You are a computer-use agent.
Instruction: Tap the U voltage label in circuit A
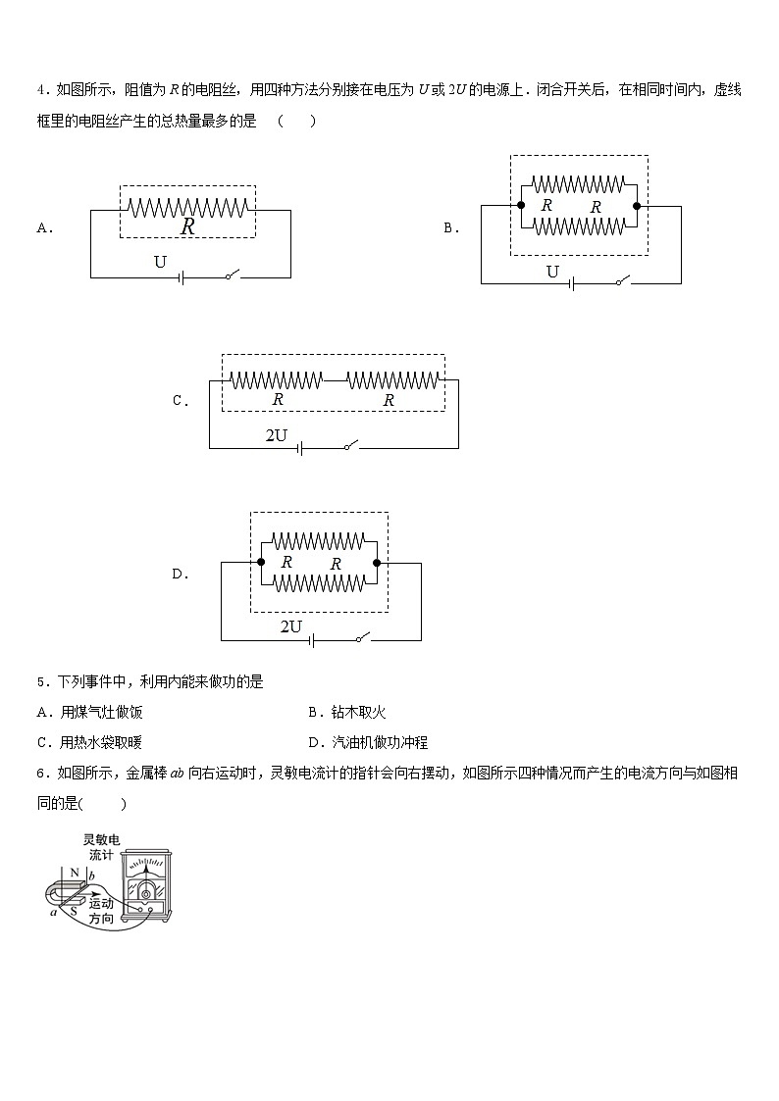click(161, 261)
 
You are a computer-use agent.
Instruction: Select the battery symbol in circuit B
click(571, 283)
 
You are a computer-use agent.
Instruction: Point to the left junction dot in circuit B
click(520, 206)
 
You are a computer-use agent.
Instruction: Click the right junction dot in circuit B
click(637, 206)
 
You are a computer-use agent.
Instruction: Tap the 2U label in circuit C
click(277, 434)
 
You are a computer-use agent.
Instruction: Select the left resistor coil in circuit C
click(277, 379)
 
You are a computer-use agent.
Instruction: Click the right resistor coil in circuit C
click(393, 379)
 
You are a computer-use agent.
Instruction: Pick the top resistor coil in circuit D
click(319, 540)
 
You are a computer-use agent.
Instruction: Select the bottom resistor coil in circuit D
click(319, 582)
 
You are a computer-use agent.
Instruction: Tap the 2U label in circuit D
click(291, 626)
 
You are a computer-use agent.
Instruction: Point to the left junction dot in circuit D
click(261, 562)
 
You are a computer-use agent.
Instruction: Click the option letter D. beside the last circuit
click(181, 575)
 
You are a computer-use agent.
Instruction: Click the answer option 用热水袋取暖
click(107, 743)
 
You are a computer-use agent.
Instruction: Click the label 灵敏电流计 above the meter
click(101, 847)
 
